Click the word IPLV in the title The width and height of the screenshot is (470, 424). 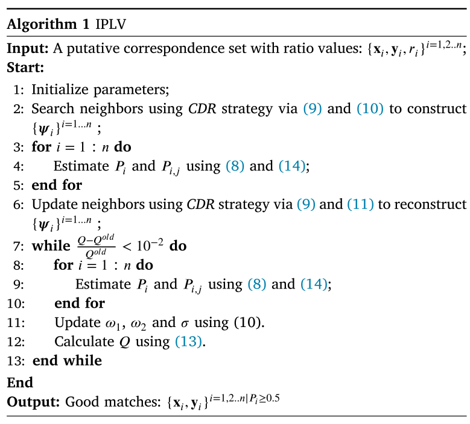tap(110, 24)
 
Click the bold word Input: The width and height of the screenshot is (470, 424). tap(28, 48)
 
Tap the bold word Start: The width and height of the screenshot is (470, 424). tap(25, 67)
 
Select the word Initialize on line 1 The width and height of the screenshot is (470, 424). tap(60, 90)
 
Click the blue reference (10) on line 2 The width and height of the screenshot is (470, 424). tap(370, 108)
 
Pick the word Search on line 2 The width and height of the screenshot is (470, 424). tap(52, 108)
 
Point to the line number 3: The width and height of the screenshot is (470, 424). tap(19, 147)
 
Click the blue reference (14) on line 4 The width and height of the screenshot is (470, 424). tap(292, 166)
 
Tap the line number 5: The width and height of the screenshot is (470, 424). tap(19, 185)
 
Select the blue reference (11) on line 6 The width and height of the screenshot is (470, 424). tap(360, 204)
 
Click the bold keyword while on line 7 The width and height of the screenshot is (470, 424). tap(51, 246)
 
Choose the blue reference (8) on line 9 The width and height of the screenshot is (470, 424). tap(257, 284)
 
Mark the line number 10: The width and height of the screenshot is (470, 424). tap(16, 304)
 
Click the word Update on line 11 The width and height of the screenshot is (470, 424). tap(78, 323)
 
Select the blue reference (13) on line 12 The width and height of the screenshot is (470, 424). tap(188, 341)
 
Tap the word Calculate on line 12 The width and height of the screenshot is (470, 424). tap(84, 341)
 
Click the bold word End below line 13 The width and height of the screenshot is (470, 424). tap(20, 382)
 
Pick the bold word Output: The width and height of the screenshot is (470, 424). tap(33, 402)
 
